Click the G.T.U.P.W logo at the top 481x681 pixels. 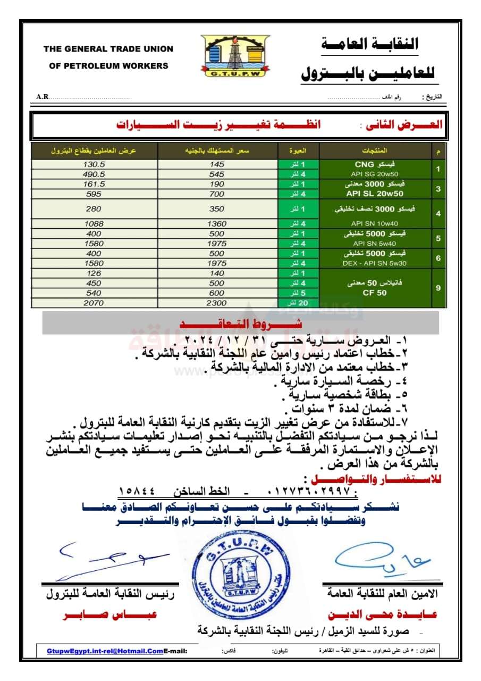point(235,55)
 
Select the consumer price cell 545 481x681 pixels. point(217,174)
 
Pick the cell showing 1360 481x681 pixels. point(217,224)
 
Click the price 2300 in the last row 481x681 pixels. point(217,303)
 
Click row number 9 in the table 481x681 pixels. point(438,288)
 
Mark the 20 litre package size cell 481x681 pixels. point(299,303)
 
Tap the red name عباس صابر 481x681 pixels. point(110,614)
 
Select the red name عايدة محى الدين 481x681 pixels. point(382,614)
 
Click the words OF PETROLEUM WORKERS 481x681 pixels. point(108,66)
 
